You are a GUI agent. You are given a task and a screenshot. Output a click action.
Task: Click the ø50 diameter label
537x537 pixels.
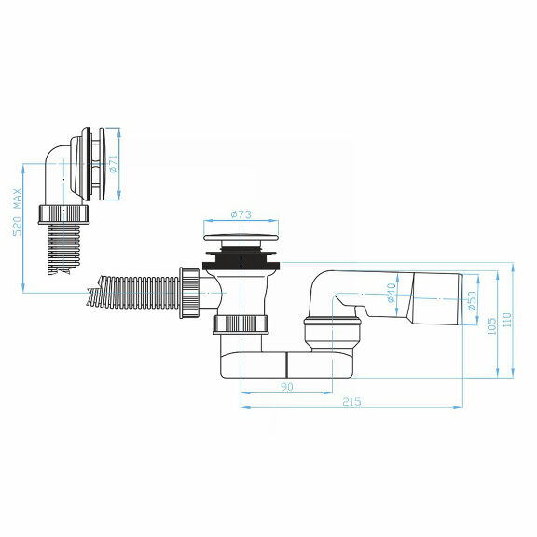coord(472,300)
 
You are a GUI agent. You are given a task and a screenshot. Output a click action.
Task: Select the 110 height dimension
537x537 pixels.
coord(508,320)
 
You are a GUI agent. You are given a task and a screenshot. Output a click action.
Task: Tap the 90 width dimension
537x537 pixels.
coord(286,386)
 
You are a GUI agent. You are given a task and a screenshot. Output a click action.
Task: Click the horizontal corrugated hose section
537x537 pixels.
coord(140,288)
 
